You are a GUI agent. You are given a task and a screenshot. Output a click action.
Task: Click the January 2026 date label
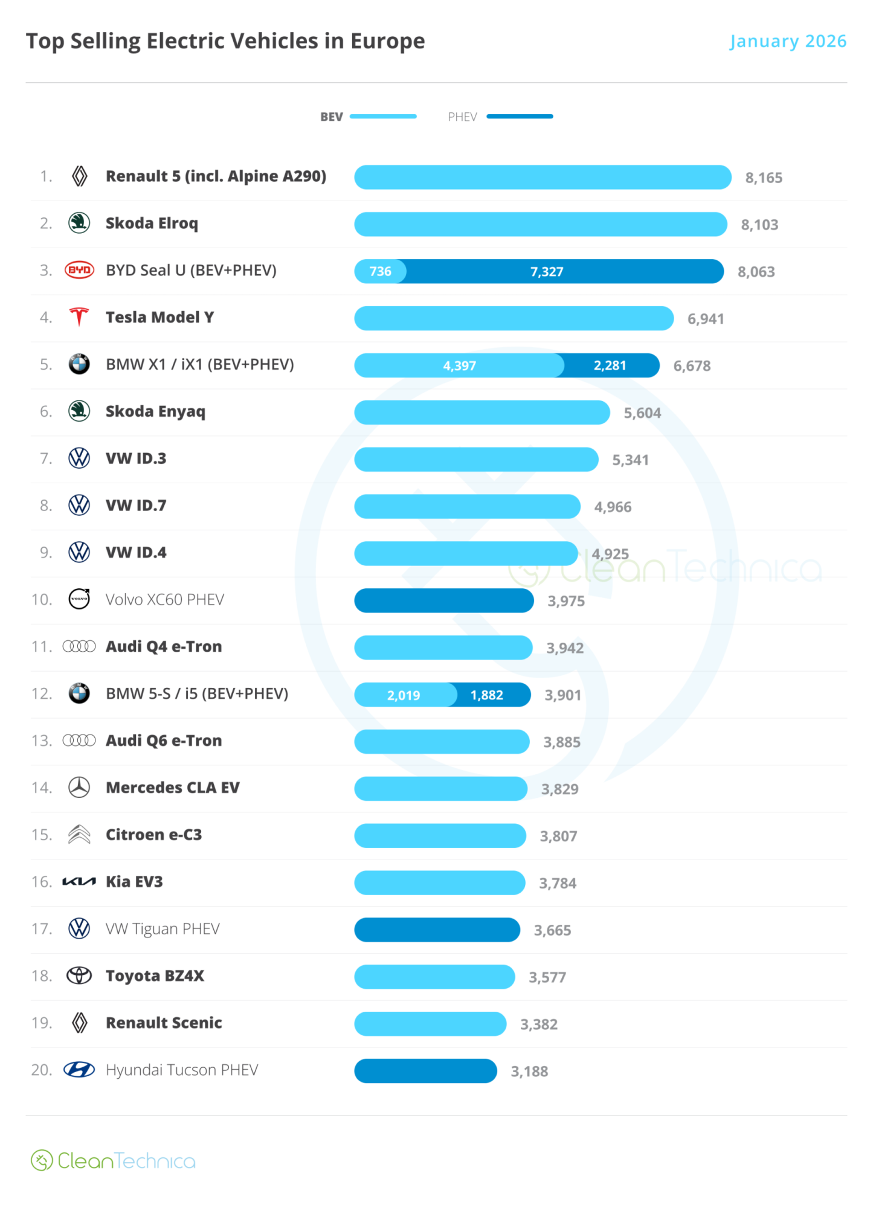(787, 41)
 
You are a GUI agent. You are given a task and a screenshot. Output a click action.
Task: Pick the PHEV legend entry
(500, 117)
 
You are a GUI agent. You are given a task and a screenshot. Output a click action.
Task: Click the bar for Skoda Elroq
(540, 224)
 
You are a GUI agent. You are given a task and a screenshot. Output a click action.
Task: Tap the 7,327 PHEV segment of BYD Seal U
(564, 271)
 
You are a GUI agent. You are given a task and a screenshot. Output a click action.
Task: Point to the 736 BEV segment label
(380, 271)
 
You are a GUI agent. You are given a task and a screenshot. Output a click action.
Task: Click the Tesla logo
(79, 317)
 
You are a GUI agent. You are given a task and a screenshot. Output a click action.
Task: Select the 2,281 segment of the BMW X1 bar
(611, 365)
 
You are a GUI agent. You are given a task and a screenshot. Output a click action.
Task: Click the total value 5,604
(642, 413)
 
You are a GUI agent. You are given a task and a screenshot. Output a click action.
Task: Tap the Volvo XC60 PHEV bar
(444, 600)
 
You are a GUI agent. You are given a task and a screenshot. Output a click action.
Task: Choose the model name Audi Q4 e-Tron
(164, 647)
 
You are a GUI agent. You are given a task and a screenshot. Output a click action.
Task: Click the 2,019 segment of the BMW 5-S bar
(404, 695)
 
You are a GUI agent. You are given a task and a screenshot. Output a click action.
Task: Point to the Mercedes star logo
(79, 788)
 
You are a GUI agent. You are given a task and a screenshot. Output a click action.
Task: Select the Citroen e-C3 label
(154, 835)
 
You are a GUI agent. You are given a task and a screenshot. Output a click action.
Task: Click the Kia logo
(79, 882)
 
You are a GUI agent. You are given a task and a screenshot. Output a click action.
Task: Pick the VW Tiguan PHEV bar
(437, 930)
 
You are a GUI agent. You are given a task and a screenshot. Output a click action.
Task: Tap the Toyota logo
(79, 975)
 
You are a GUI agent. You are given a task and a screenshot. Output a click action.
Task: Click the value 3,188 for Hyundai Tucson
(529, 1071)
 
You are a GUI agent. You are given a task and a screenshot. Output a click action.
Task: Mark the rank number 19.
(42, 1023)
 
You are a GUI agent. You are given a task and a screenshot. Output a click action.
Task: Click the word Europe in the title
(388, 41)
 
